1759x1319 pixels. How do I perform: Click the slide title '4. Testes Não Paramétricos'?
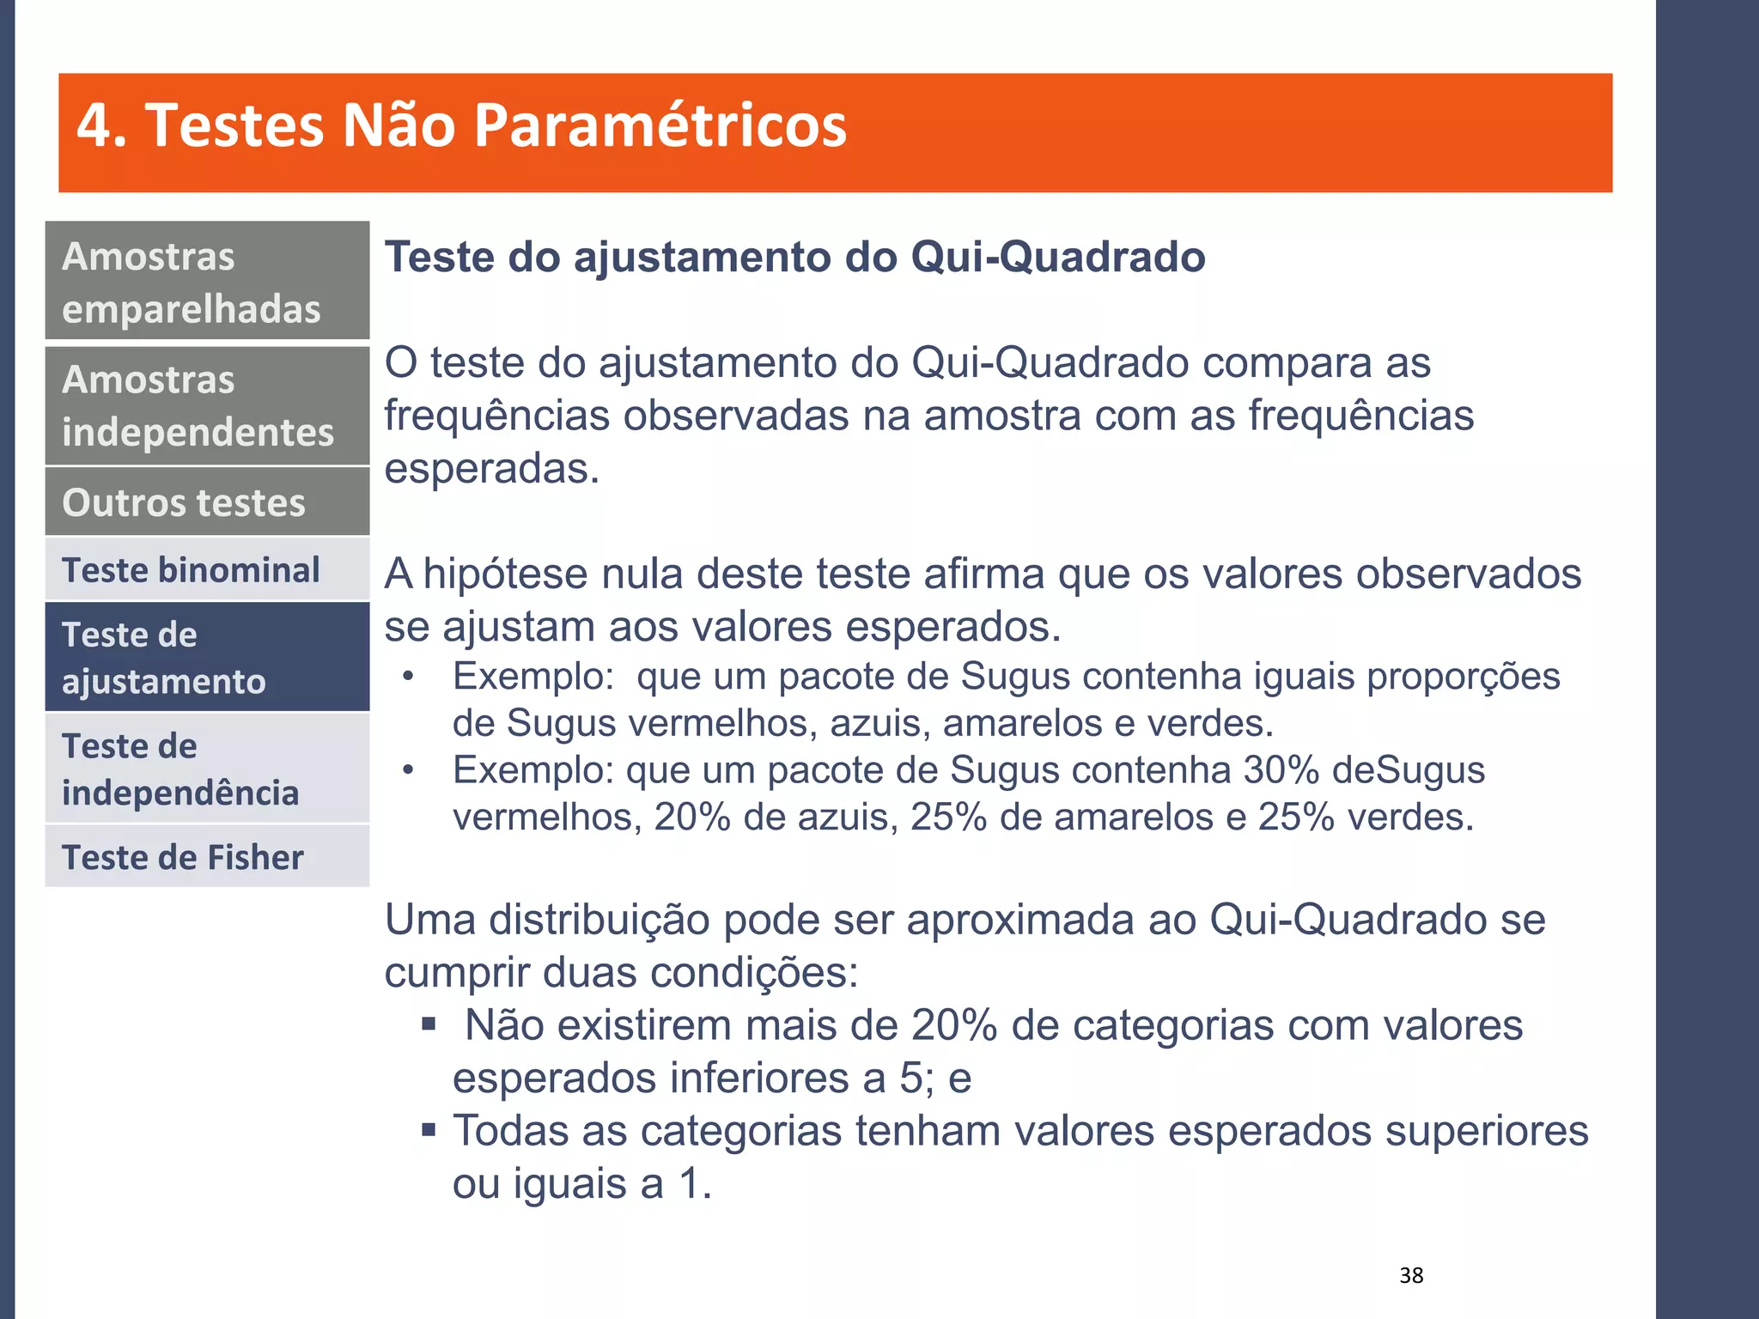pyautogui.click(x=461, y=125)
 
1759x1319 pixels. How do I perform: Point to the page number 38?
pyautogui.click(x=1411, y=1275)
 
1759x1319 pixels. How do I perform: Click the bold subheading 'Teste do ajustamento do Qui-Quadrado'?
pyautogui.click(x=794, y=257)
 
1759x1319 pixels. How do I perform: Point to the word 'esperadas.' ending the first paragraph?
pyautogui.click(x=491, y=469)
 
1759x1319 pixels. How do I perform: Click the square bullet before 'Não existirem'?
pyautogui.click(x=429, y=1024)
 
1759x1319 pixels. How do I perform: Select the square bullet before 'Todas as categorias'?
pyautogui.click(x=429, y=1129)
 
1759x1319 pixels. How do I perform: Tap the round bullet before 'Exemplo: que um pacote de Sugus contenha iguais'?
pyautogui.click(x=409, y=678)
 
